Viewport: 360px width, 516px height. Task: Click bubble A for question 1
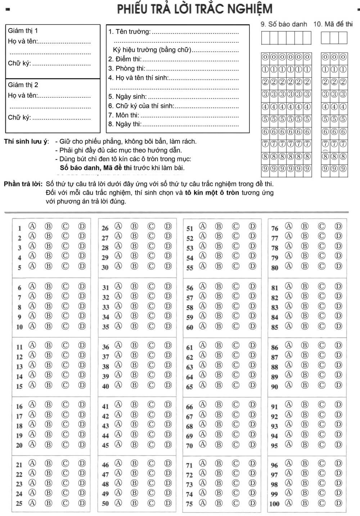tap(32, 226)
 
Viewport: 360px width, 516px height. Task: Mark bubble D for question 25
tap(82, 503)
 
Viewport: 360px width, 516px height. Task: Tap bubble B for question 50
tap(135, 503)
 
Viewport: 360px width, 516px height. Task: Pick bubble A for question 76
tap(288, 226)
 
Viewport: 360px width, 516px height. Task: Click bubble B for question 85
tap(305, 326)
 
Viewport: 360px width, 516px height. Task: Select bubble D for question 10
tap(82, 326)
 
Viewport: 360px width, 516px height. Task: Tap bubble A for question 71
tap(203, 463)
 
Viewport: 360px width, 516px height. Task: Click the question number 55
tap(190, 268)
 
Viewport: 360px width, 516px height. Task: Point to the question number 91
tap(275, 407)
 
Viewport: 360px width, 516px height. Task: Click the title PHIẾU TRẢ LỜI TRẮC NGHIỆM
tap(195, 9)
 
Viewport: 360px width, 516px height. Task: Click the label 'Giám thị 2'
tap(23, 85)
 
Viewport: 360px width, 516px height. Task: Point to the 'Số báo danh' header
tap(283, 24)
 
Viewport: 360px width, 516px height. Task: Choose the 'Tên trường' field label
tap(130, 32)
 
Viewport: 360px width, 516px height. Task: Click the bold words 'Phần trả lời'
tap(23, 184)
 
